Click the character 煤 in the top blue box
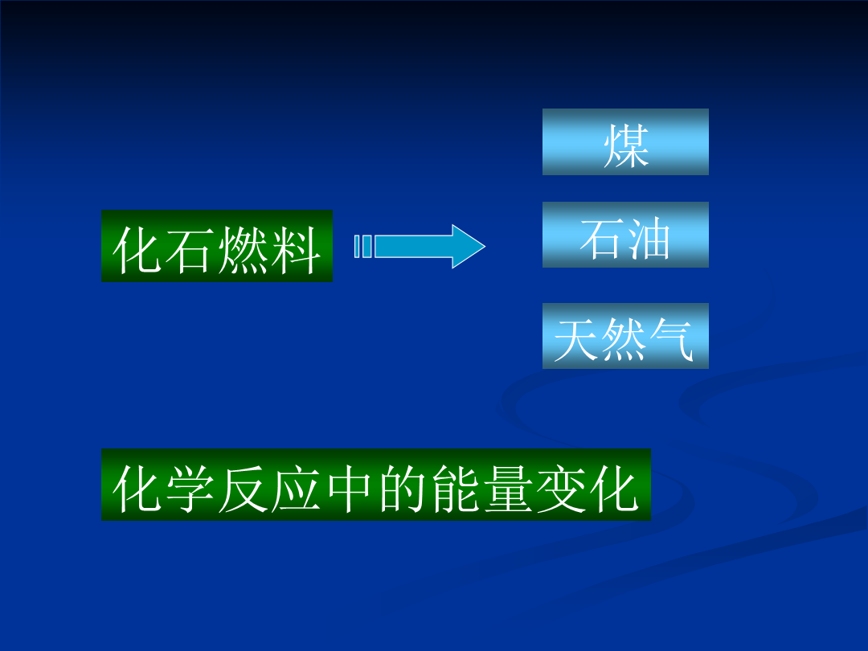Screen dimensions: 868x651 click(625, 145)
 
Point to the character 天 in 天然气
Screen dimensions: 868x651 click(577, 340)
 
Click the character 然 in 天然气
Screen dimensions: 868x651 click(624, 340)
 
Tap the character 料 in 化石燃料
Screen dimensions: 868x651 click(296, 250)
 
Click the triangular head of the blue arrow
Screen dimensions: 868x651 click(468, 247)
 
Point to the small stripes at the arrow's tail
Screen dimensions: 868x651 click(363, 247)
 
